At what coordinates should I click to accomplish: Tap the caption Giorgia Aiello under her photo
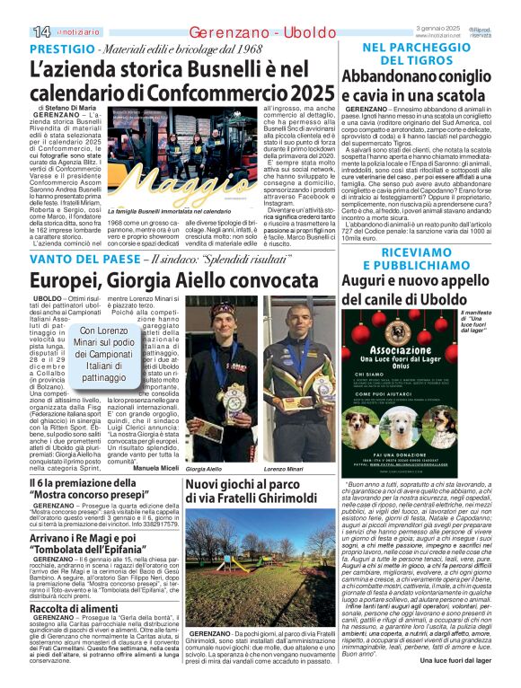click(203, 470)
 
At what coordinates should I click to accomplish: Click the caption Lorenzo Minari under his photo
click(286, 470)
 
